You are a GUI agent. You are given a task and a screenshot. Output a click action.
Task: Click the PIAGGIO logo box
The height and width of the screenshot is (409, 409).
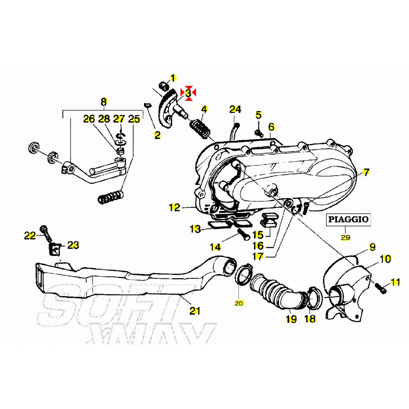(x=348, y=219)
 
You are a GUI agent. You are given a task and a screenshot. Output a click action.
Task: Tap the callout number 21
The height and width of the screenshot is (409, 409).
(x=194, y=310)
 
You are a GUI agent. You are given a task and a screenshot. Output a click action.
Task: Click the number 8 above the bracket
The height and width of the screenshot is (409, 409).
(x=104, y=102)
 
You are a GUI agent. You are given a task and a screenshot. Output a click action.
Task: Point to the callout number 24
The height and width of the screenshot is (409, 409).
(x=235, y=109)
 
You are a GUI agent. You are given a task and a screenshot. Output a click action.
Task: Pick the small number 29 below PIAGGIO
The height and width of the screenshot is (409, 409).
(x=345, y=237)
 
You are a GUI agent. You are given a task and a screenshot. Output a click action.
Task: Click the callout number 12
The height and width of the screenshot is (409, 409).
(x=175, y=207)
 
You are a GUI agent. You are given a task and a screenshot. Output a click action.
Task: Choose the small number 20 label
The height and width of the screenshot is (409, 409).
(x=239, y=303)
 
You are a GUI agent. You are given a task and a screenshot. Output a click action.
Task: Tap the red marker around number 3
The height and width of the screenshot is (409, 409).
(x=188, y=93)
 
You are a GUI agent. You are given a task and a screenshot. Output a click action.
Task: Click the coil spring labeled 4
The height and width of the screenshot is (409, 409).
(x=199, y=128)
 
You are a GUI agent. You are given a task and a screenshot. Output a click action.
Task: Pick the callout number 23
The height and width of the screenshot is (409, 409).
(x=73, y=245)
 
